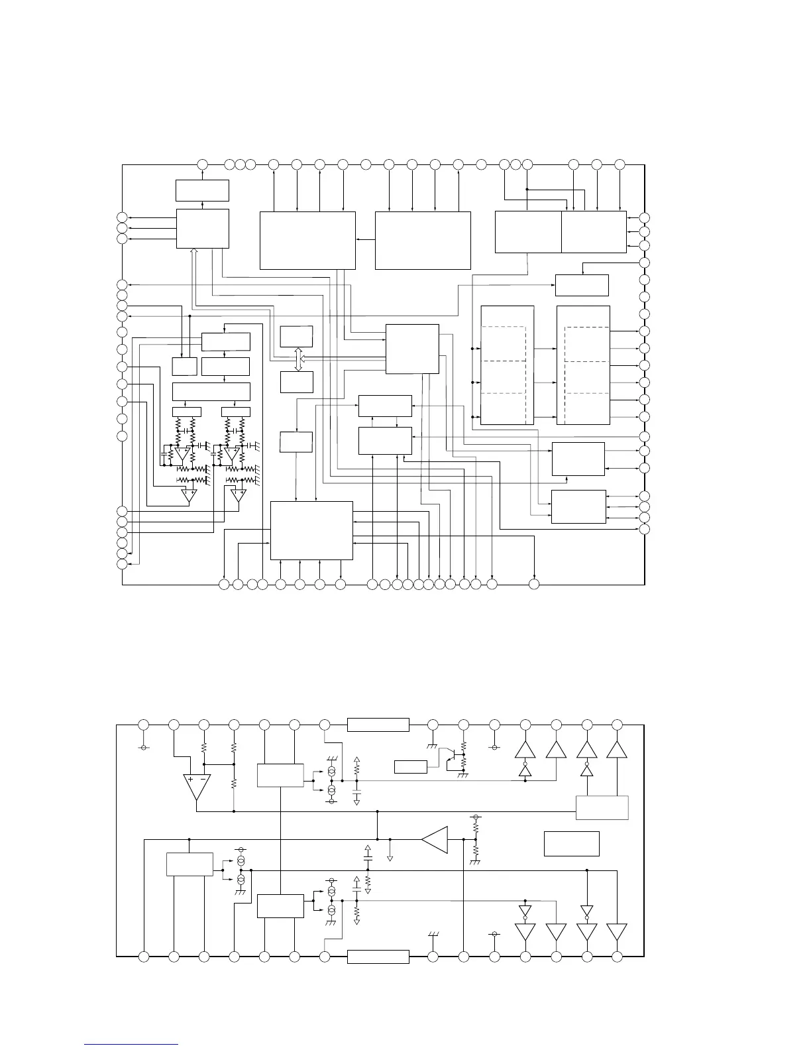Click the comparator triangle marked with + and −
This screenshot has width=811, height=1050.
pyautogui.click(x=197, y=787)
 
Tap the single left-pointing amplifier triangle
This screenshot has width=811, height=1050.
pyautogui.click(x=435, y=840)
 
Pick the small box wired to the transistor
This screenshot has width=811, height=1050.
pyautogui.click(x=411, y=767)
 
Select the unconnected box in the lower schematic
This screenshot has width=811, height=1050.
pyautogui.click(x=571, y=843)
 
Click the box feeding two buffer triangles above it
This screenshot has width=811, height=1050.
pyautogui.click(x=602, y=807)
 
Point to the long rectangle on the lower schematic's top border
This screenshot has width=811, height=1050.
pyautogui.click(x=378, y=725)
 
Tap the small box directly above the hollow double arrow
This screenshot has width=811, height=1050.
pyautogui.click(x=297, y=336)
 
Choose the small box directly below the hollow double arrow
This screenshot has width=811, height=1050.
pyautogui.click(x=297, y=382)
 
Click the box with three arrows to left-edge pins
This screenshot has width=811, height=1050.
pyautogui.click(x=203, y=229)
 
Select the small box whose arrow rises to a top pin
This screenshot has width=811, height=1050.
pyautogui.click(x=202, y=190)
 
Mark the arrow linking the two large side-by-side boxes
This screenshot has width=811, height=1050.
pyautogui.click(x=365, y=240)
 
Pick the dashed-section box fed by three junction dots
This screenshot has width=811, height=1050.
pyautogui.click(x=507, y=365)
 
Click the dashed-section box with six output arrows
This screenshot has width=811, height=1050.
pyautogui.click(x=583, y=365)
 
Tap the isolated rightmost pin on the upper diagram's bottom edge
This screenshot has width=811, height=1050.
pyautogui.click(x=534, y=584)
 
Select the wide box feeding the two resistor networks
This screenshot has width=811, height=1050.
pyautogui.click(x=211, y=391)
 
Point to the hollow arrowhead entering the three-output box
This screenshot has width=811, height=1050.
pyautogui.click(x=193, y=252)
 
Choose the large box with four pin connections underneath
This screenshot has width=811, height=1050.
pyautogui.click(x=311, y=530)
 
